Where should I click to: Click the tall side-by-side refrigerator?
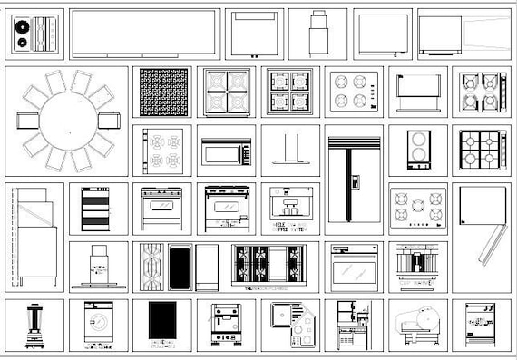tap(354, 180)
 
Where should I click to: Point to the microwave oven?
tap(226, 152)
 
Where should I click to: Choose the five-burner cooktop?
tap(417, 207)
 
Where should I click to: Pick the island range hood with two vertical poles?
tap(290, 151)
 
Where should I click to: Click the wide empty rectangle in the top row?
tap(144, 34)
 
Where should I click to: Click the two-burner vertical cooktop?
tap(417, 149)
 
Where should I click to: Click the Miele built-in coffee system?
tap(290, 209)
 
